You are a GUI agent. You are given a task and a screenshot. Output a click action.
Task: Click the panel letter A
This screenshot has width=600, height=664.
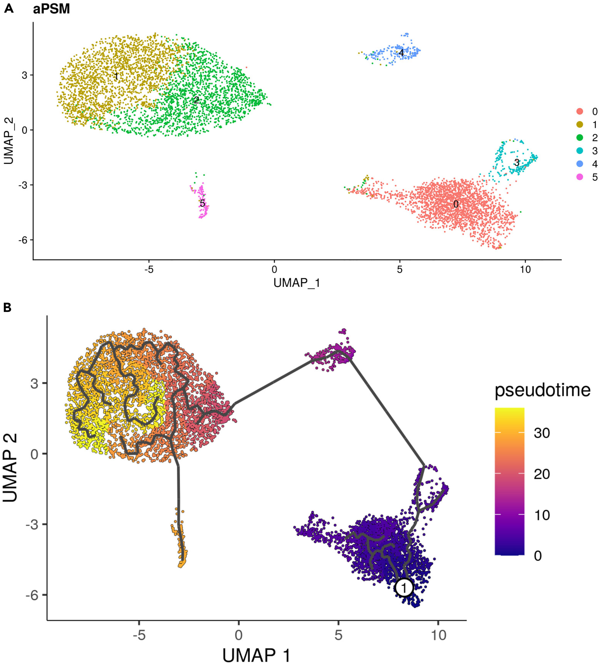(9, 9)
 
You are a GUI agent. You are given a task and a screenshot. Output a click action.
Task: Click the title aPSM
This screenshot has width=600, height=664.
(51, 9)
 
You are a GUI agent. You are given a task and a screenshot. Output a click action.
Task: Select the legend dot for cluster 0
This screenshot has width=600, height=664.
(580, 112)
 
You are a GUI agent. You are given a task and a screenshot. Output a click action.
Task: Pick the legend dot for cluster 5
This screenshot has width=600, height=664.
(580, 177)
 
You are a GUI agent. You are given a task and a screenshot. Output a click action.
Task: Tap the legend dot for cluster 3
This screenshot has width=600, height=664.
(580, 151)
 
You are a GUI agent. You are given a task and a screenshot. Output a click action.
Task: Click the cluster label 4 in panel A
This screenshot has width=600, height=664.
(401, 52)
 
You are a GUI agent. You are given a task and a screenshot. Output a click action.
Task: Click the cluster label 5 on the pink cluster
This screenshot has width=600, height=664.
(202, 203)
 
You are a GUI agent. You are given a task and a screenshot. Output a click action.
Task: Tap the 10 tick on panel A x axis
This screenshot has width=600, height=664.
(525, 269)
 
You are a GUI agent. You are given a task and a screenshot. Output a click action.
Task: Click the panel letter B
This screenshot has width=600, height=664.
(7, 308)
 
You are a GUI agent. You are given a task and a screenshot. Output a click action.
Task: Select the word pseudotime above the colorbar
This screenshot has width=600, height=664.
(542, 390)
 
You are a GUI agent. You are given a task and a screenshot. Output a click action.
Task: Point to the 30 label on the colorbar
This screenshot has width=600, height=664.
(542, 433)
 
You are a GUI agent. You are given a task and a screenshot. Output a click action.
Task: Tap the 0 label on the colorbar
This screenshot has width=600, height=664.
(538, 556)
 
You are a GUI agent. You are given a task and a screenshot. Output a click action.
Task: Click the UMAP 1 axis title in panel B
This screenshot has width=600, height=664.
(256, 655)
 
